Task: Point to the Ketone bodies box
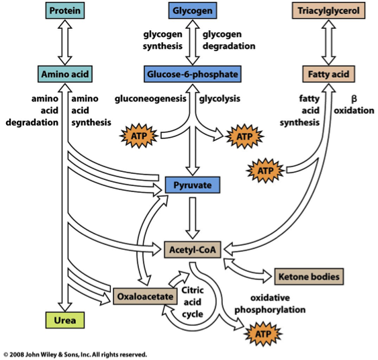click(x=310, y=275)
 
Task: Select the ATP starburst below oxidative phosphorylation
click(x=265, y=332)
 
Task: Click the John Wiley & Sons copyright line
click(x=75, y=354)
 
